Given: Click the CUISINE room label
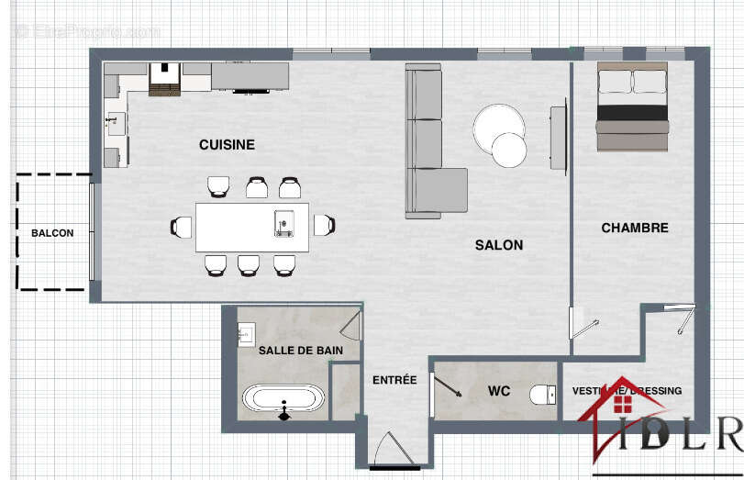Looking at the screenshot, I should (227, 145).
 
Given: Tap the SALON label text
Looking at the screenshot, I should (499, 245).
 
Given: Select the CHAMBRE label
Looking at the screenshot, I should (635, 228).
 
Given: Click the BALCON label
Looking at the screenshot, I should (52, 233).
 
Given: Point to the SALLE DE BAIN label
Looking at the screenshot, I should (301, 351).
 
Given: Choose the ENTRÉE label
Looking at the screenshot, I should (394, 380).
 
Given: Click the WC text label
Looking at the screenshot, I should (499, 392).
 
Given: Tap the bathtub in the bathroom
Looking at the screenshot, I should (283, 400).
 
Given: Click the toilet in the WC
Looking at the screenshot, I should (542, 395).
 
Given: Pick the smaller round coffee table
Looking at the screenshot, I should (509, 151).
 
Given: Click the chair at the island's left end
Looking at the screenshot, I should (181, 226).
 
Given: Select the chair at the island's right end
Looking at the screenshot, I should (324, 225).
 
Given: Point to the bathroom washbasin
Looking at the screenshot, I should (246, 335).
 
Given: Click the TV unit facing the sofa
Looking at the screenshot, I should (558, 138).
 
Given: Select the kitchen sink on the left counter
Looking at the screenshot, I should (115, 123).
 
